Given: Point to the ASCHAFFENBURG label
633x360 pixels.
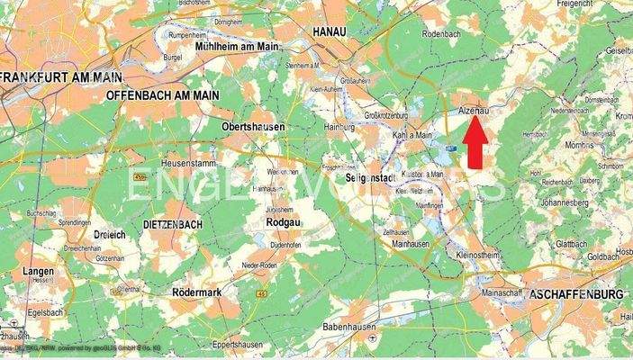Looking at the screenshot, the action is (x=577, y=294).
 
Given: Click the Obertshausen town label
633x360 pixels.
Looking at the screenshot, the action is (x=253, y=127).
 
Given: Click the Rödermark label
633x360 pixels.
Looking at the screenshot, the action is (x=200, y=292).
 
